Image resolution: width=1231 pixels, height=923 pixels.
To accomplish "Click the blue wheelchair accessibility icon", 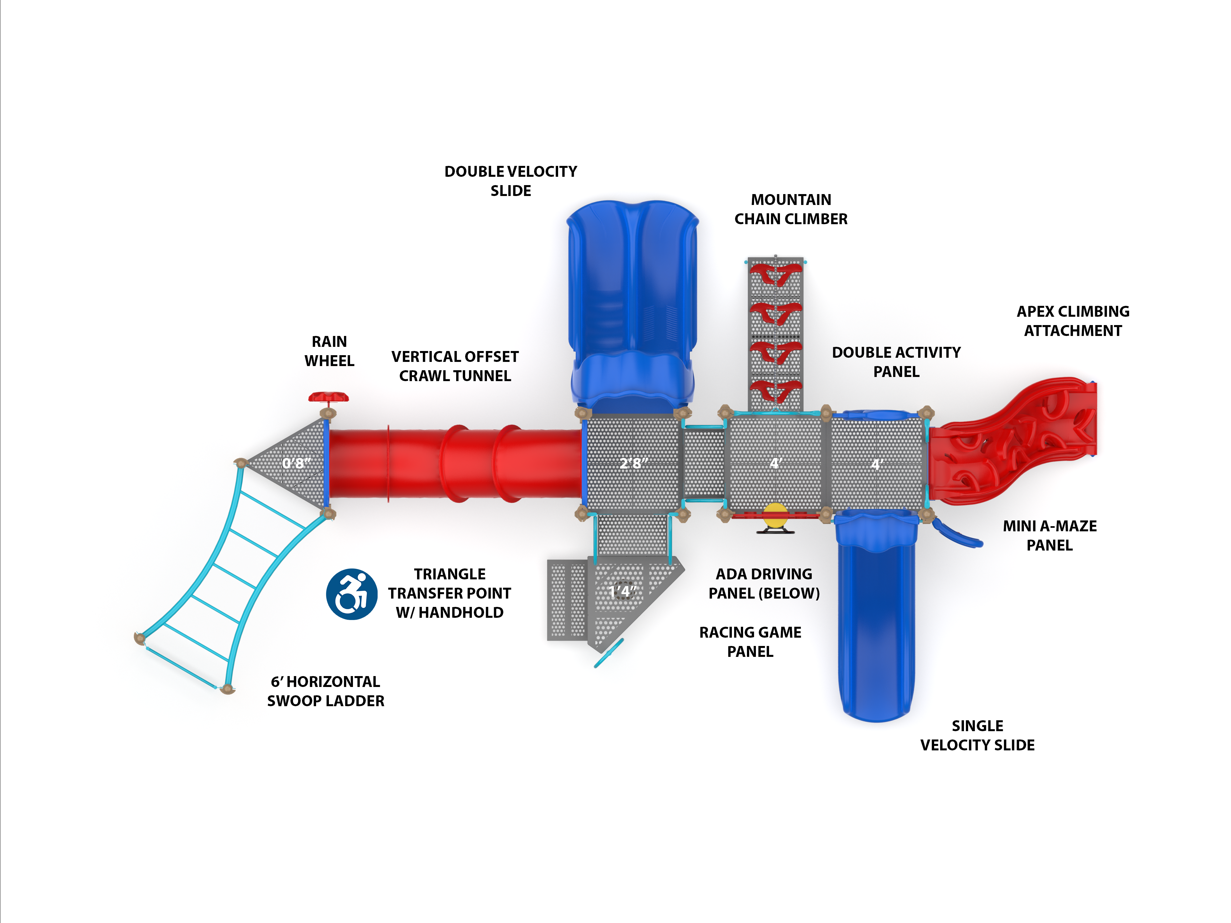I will [351, 594].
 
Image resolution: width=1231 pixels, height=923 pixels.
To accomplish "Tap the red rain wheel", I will [328, 397].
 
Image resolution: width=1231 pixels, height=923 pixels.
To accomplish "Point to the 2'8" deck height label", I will [633, 463].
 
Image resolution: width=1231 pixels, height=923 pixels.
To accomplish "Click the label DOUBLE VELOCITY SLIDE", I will [510, 181].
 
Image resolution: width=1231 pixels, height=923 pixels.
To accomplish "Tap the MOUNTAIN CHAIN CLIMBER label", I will [791, 209].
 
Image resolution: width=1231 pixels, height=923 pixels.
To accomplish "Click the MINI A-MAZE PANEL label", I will [1050, 535].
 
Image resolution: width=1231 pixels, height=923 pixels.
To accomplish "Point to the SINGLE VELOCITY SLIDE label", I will [977, 735].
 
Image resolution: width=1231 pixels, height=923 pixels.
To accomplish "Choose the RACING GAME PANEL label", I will [750, 642].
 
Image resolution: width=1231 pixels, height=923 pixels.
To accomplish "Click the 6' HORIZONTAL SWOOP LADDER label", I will [326, 691].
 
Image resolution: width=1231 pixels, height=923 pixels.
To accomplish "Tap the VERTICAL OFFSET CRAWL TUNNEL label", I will [455, 366].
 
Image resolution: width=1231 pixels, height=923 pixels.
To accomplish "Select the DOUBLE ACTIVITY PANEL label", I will [896, 362].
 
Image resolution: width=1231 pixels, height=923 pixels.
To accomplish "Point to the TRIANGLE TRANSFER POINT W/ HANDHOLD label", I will [450, 593].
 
